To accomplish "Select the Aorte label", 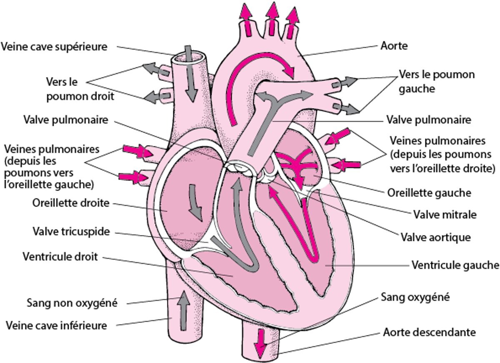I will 394,45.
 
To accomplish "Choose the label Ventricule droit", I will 60,256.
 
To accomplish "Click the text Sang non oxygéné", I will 72,303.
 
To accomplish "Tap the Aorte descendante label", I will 429,333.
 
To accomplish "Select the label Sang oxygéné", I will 415,297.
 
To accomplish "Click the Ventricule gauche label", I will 455,265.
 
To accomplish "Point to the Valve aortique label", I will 435,237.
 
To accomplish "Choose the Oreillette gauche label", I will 429,193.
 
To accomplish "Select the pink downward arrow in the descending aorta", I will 261,343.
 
